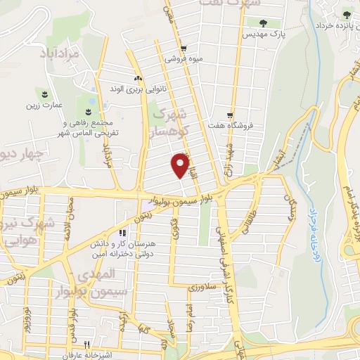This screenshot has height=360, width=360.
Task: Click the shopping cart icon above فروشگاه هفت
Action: tap(230, 115)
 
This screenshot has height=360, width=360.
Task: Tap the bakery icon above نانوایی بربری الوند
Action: tap(138, 78)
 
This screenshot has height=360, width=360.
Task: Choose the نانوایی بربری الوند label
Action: tap(136, 89)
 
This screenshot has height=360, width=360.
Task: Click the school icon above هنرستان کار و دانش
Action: tap(122, 233)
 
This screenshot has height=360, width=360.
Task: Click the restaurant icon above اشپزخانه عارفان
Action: tap(86, 344)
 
